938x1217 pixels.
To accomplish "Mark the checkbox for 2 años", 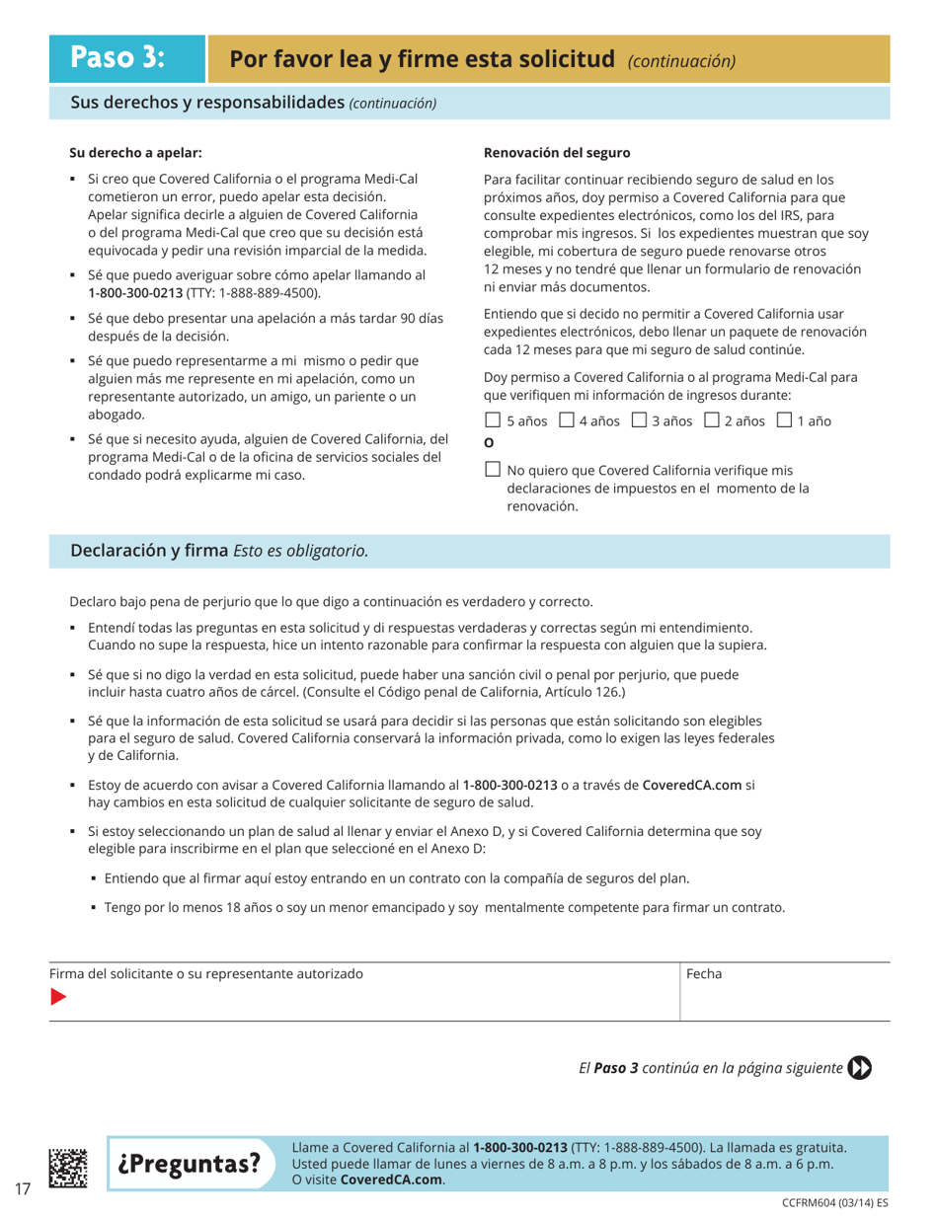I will [712, 420].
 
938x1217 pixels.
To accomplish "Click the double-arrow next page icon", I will [860, 1067].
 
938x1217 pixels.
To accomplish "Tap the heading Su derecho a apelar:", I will [135, 153].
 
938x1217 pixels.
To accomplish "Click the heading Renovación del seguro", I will [557, 153].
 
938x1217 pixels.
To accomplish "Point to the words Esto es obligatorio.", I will [301, 551].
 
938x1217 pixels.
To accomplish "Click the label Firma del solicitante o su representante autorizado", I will [206, 973].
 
